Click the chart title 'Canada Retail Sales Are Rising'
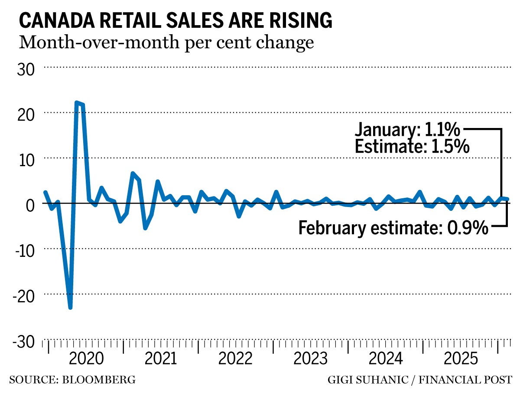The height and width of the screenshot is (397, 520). click(175, 21)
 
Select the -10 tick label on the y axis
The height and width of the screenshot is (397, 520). click(24, 249)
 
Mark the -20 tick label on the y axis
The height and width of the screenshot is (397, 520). click(24, 295)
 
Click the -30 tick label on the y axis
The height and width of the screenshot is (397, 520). click(24, 341)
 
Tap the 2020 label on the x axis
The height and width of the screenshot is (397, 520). click(86, 359)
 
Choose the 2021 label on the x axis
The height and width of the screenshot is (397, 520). click(161, 359)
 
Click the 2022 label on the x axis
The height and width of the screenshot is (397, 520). click(235, 359)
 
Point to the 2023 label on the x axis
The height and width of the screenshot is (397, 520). click(310, 359)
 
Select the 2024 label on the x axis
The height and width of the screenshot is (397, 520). click(385, 359)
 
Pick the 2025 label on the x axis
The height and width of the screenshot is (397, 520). click(459, 359)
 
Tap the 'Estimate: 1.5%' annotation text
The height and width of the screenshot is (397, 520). click(412, 147)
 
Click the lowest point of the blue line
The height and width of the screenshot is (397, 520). click(70, 307)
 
